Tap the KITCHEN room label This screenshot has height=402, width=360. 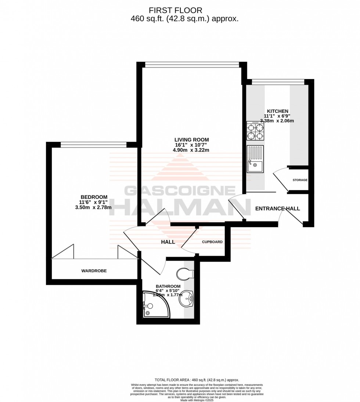277,111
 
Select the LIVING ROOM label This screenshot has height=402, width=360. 191,140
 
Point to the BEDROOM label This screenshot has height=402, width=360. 94,197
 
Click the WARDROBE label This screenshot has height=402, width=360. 94,271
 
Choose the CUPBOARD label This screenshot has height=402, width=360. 212,242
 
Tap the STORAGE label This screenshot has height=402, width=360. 300,180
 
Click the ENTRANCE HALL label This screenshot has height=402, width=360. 277,209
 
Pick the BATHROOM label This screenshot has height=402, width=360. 168,286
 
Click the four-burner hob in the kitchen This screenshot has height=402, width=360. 255,131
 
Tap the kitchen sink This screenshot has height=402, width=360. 255,159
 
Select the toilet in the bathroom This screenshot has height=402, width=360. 186,274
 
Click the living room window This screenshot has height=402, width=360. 191,65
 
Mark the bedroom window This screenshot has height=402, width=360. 94,145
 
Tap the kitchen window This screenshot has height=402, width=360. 277,82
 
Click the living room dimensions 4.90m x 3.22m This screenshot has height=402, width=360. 191,150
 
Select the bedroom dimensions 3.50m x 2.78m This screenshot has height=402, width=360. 94,207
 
